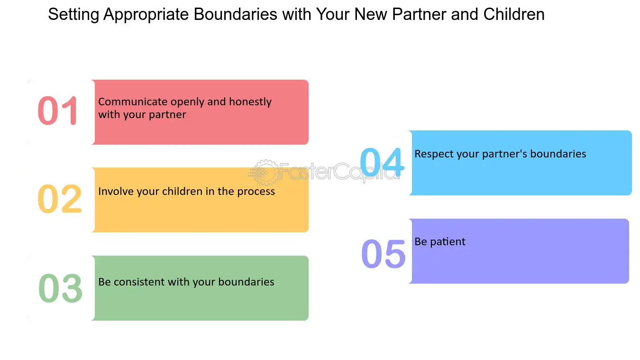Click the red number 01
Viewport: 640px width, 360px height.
coord(58,111)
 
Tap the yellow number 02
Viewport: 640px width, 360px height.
coord(60,199)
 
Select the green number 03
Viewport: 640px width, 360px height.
coord(60,288)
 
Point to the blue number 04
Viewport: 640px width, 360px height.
coord(382,163)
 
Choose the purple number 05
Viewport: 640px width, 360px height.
coord(384,253)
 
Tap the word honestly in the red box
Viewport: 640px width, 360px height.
coord(250,102)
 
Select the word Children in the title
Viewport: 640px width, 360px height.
coord(514,15)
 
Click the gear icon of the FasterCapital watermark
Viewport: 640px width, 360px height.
coord(264,172)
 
